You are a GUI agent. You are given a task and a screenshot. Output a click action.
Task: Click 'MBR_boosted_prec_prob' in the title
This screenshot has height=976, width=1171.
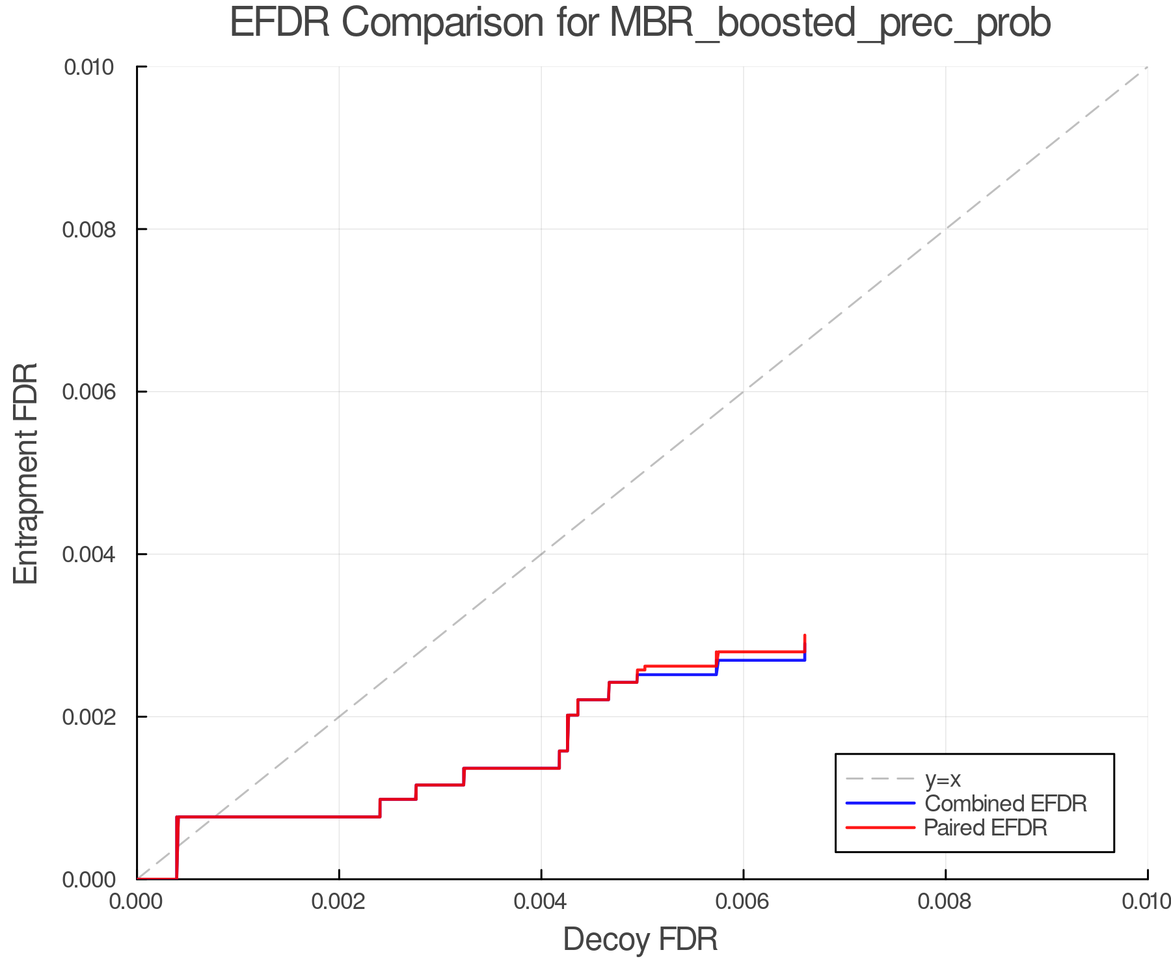tap(830, 23)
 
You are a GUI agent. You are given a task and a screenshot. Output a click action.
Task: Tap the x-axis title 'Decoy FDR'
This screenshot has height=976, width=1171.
tap(640, 940)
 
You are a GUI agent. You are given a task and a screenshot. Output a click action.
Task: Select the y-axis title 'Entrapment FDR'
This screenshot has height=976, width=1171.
tap(26, 473)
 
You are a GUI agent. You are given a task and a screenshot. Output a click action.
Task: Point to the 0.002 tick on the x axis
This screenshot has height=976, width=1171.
tap(339, 901)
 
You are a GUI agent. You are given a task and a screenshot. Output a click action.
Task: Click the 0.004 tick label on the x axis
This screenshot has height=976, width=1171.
tap(541, 901)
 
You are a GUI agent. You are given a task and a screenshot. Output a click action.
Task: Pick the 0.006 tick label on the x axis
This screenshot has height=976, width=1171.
tap(743, 901)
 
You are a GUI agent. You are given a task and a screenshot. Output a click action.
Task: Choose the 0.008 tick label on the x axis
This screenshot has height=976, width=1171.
tap(945, 901)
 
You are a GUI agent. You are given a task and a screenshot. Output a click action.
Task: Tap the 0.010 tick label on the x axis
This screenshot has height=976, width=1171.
tap(1146, 901)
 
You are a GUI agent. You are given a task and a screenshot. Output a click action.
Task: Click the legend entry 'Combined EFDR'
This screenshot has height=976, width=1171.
tap(1005, 804)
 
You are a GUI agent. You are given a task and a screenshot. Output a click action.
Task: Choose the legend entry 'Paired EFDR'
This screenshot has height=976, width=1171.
tap(986, 828)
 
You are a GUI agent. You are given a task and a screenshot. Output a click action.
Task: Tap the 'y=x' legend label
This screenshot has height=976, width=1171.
tap(942, 779)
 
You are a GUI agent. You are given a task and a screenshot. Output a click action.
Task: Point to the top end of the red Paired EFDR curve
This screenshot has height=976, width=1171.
tap(805, 636)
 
